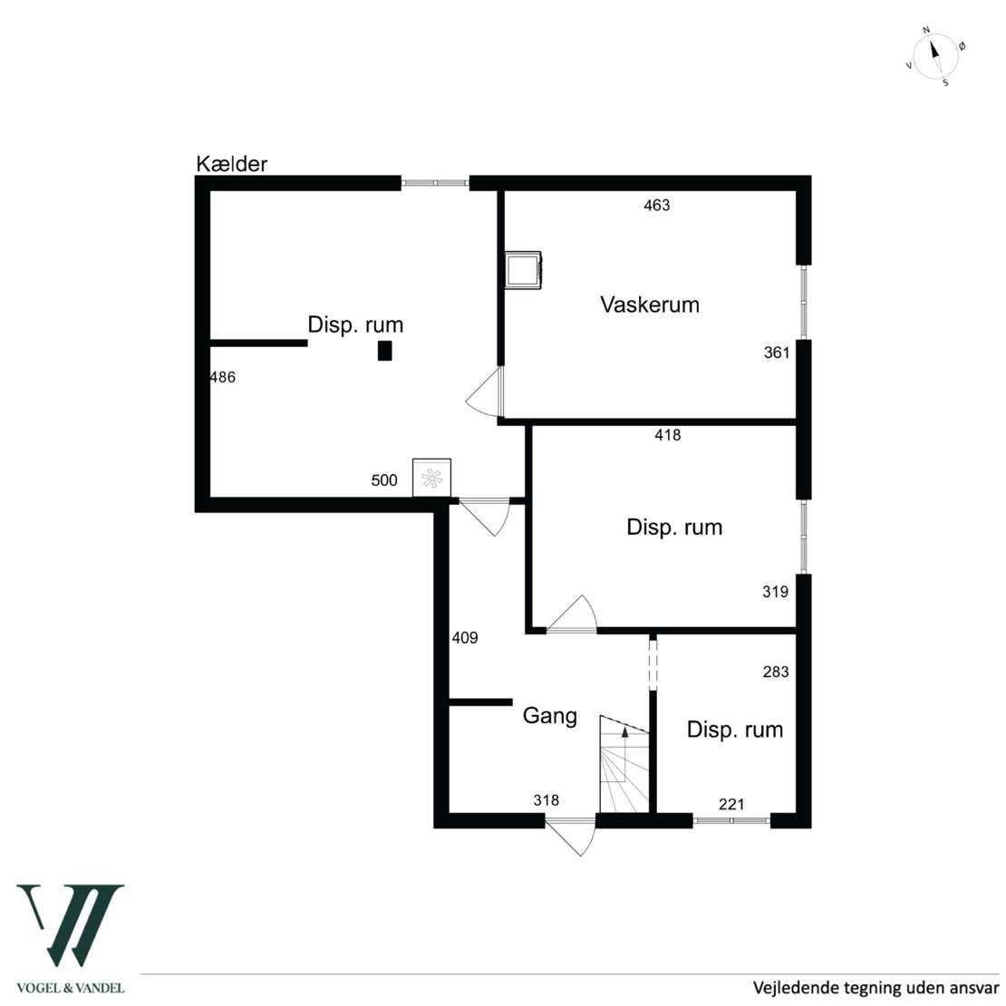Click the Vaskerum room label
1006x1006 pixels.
coord(649,305)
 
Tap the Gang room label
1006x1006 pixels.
coord(550,715)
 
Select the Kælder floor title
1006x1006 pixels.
coord(231,164)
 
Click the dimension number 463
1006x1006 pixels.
coord(656,205)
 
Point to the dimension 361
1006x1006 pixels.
coord(777,353)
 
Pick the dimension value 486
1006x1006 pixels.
coord(223,377)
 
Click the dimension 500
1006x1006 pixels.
coord(384,480)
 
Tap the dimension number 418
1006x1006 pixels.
coord(667,435)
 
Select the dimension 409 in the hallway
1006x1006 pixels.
coord(465,638)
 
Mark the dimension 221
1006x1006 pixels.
coord(731,804)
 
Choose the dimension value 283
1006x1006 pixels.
coord(776,672)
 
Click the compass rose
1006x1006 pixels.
coord(936,57)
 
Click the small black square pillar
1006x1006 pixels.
coord(384,351)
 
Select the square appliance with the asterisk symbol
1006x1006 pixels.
coord(431,478)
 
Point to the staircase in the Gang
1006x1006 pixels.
coord(624,764)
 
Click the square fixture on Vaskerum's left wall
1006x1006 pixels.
coord(523,270)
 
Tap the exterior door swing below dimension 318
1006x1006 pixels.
coord(570,837)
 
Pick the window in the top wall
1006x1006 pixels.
coord(435,183)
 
